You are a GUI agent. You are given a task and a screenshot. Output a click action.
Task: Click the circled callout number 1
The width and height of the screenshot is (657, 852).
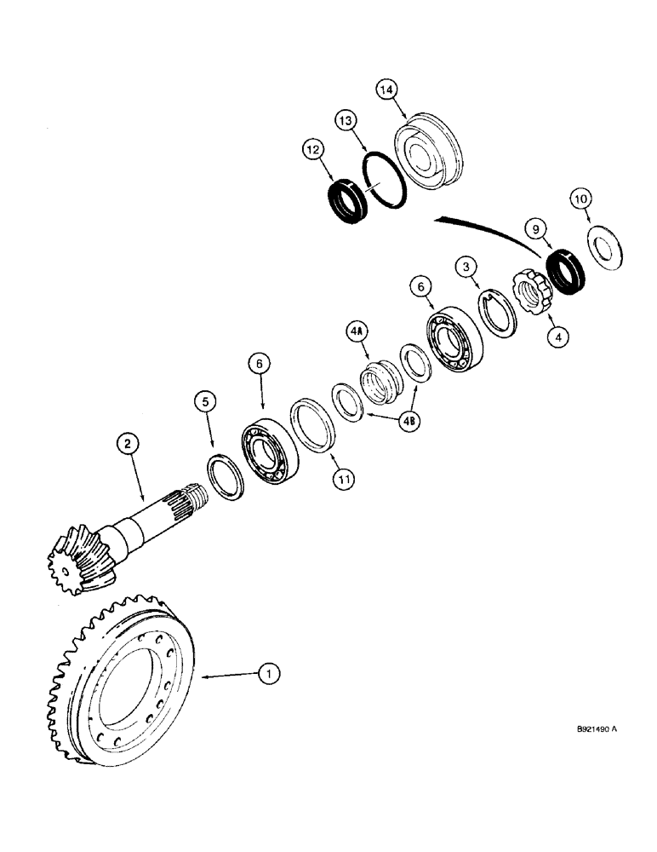click(269, 674)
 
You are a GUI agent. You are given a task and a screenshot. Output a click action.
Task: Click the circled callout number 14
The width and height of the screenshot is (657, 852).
click(388, 89)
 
